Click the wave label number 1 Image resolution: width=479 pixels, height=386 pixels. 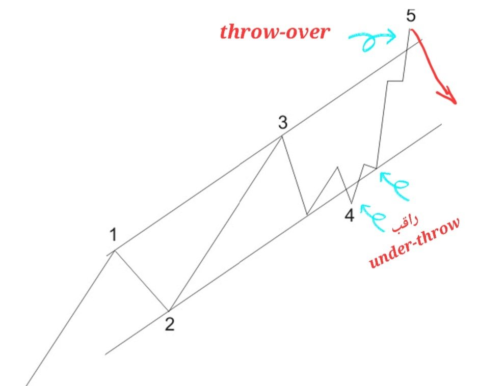(x=113, y=235)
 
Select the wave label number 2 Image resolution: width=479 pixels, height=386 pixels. (x=169, y=324)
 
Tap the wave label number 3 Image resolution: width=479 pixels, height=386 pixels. (x=283, y=122)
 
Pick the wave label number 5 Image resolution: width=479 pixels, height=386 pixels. (x=411, y=15)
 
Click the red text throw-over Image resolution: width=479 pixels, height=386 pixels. (x=275, y=33)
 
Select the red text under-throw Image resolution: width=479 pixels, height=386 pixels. (x=414, y=243)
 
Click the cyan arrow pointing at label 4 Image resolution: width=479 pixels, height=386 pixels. (x=376, y=216)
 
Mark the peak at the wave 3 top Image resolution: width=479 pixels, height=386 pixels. (x=282, y=136)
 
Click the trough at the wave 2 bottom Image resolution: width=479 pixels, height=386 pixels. (x=169, y=311)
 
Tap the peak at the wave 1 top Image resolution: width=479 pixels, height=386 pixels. (x=114, y=250)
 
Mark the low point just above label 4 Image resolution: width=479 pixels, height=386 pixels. (x=352, y=203)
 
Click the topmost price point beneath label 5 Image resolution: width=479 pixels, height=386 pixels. (x=410, y=30)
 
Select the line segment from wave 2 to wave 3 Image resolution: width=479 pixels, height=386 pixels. (x=224, y=224)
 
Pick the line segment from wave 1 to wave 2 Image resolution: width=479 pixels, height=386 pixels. (x=141, y=280)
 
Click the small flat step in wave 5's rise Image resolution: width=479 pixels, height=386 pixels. (x=395, y=81)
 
